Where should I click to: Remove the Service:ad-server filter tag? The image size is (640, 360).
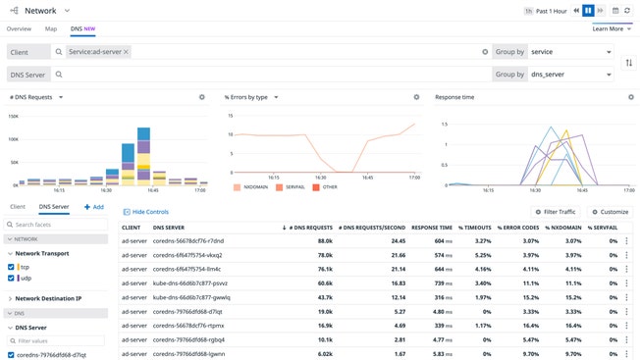click(126, 51)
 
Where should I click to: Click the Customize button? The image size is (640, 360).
click(610, 212)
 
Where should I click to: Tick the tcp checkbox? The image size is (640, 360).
click(11, 267)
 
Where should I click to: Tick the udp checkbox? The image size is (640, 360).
click(11, 279)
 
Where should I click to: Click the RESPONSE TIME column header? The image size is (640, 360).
click(432, 227)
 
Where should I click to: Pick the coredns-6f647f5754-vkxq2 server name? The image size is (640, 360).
click(187, 254)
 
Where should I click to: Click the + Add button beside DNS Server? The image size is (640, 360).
click(94, 207)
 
